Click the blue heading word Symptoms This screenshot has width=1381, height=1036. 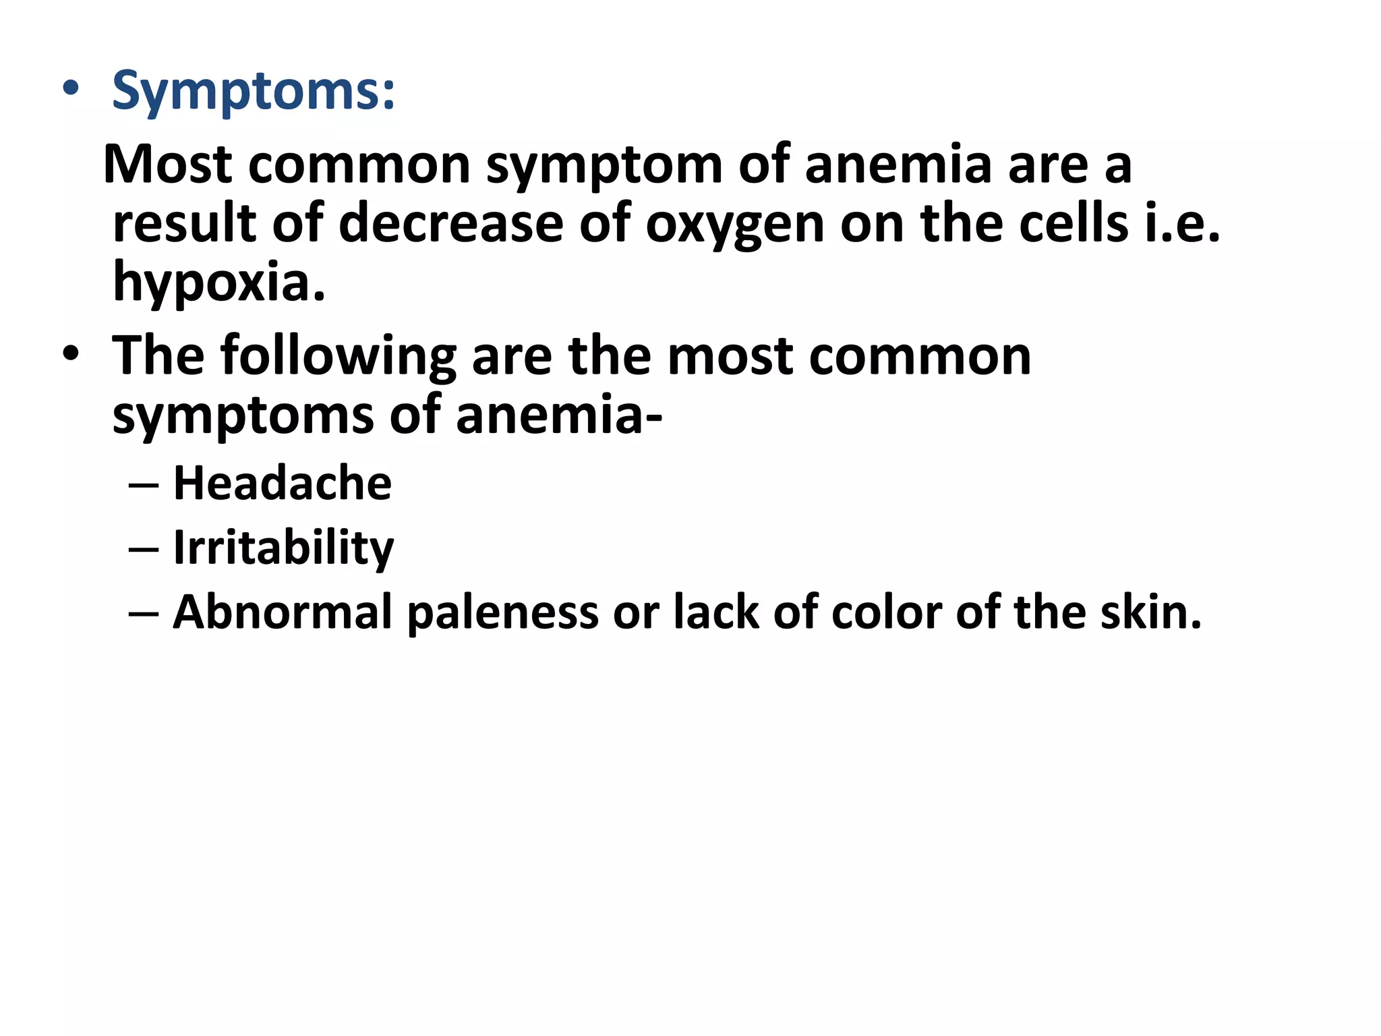pyautogui.click(x=253, y=91)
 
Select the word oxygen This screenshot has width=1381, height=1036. pyautogui.click(x=734, y=224)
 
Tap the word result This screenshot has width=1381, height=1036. pyautogui.click(x=184, y=224)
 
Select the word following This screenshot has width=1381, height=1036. pyautogui.click(x=338, y=357)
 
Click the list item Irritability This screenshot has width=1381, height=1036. pyautogui.click(x=283, y=548)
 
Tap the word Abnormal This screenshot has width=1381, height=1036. pyautogui.click(x=283, y=612)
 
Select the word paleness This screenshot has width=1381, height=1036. pyautogui.click(x=503, y=612)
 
